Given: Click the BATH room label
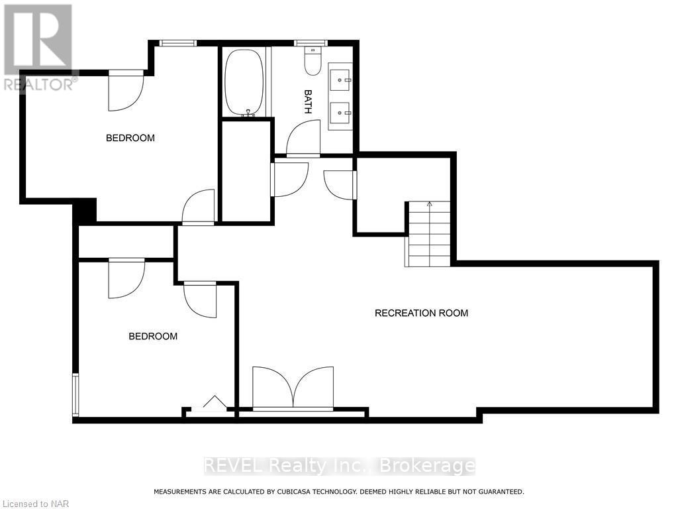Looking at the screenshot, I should click(x=308, y=101).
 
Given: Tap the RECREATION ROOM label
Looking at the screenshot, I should click(x=421, y=313).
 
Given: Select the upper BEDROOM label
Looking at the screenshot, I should click(x=130, y=138).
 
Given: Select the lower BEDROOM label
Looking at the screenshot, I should click(x=153, y=336).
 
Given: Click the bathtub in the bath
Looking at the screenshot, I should click(x=244, y=83).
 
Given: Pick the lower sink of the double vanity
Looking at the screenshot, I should click(x=342, y=112).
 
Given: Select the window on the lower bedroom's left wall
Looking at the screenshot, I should click(x=75, y=395).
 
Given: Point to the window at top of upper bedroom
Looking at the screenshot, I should click(x=177, y=43).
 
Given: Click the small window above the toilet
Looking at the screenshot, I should click(x=311, y=43).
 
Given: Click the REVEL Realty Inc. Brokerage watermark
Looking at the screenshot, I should click(x=338, y=466).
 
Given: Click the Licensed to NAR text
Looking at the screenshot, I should click(x=26, y=504).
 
